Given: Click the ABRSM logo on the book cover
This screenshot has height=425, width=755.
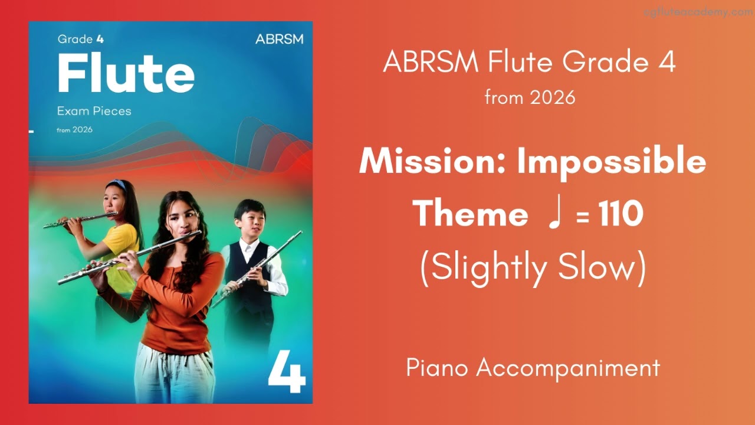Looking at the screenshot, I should [x=279, y=40].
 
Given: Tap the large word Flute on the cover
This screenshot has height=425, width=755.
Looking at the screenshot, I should [x=126, y=74].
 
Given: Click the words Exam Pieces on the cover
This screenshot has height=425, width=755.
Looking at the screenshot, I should [x=94, y=110].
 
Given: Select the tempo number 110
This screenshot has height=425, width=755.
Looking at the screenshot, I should [x=621, y=214].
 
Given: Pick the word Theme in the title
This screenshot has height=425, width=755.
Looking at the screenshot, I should [x=470, y=214].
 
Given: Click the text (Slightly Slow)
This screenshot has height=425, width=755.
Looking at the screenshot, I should [x=533, y=269].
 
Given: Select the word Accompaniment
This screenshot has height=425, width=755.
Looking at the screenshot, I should [x=568, y=368].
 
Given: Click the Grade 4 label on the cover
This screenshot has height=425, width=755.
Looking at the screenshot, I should [x=75, y=40].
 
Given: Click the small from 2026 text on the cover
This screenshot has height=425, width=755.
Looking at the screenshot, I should [x=74, y=130].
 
